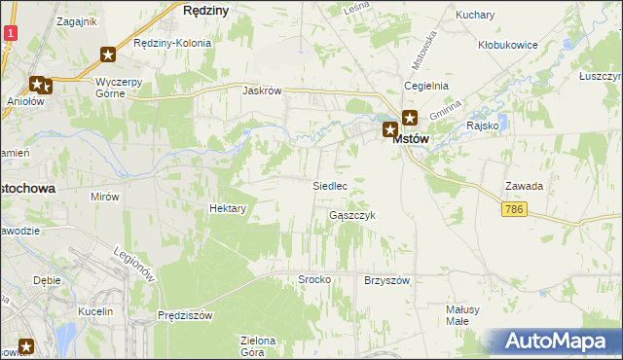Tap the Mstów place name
tap(412, 139)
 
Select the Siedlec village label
tap(329, 185)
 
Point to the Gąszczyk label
tap(352, 215)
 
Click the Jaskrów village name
tap(263, 90)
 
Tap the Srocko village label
tap(314, 279)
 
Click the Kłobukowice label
tap(509, 45)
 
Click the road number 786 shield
tap(517, 209)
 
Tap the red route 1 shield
tap(9, 32)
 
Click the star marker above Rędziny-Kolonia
tap(108, 55)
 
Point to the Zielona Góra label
tap(259, 345)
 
